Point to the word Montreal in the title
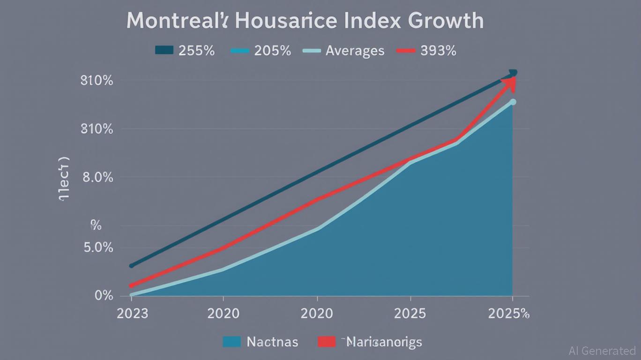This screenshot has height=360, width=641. click(x=173, y=21)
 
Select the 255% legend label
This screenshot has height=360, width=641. click(x=196, y=51)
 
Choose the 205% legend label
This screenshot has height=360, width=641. click(x=272, y=51)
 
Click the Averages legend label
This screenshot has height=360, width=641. click(x=355, y=51)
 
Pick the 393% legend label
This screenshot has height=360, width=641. click(x=438, y=51)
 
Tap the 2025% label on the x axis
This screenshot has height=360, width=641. click(x=508, y=313)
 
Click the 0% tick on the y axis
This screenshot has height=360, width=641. click(x=104, y=295)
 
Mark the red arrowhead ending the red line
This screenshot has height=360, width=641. click(x=509, y=83)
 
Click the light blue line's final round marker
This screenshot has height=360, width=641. click(x=513, y=102)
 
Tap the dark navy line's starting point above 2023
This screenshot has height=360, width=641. click(x=132, y=266)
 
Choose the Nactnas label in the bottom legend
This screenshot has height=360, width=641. click(x=272, y=342)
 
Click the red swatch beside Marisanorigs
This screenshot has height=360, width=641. click(x=327, y=342)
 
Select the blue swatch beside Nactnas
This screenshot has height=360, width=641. click(x=232, y=342)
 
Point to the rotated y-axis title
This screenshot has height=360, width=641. click(x=64, y=179)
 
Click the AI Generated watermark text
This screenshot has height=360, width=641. click(x=602, y=351)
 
